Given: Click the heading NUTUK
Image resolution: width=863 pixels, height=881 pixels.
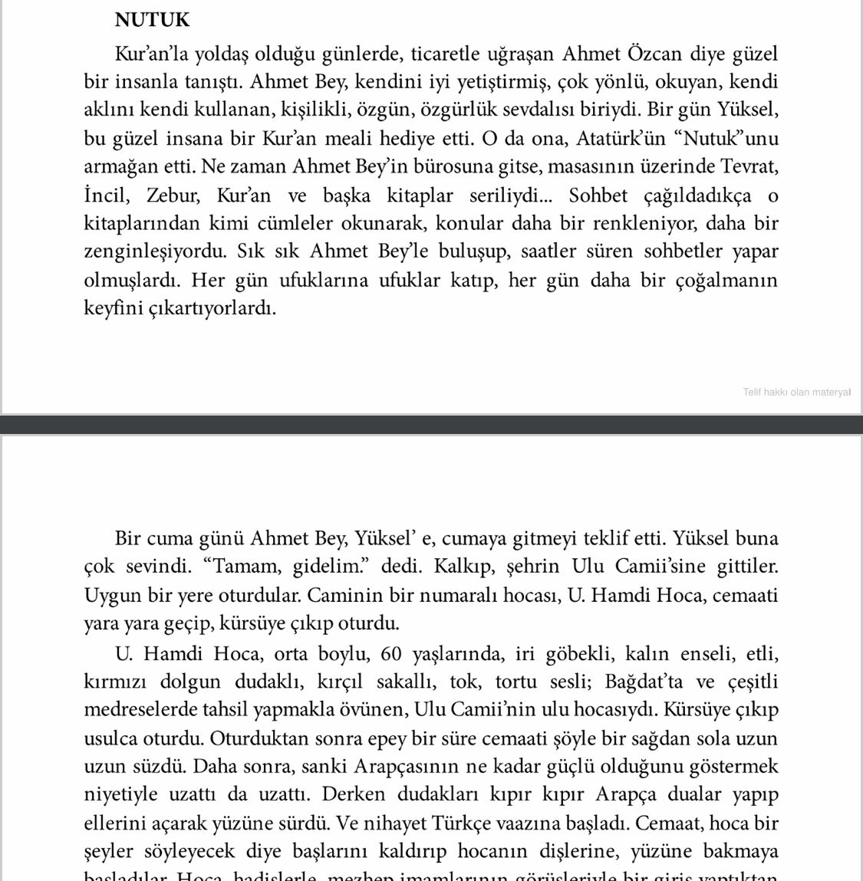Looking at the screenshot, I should click(x=152, y=20).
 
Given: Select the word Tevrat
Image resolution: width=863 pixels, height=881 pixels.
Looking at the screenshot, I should click(x=750, y=166).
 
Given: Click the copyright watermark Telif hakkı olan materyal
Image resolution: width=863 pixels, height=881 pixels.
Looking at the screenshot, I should click(x=796, y=392).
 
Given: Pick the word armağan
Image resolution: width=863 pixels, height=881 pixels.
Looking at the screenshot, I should click(x=122, y=166).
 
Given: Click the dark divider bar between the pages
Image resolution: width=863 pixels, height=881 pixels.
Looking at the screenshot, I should click(x=431, y=424).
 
